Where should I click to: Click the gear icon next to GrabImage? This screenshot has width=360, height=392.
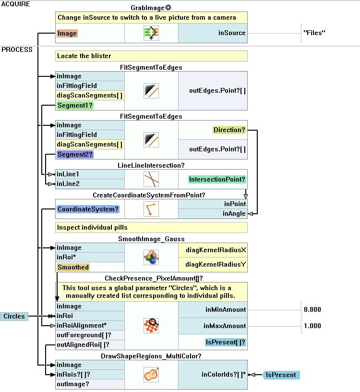[x=168, y=8]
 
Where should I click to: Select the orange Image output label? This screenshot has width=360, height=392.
[x=67, y=34]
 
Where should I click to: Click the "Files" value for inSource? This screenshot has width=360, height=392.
[x=314, y=33]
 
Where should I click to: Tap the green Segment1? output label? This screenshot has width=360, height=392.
[x=75, y=105]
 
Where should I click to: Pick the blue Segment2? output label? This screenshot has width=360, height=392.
[x=75, y=154]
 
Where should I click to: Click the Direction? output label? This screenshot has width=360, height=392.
[x=229, y=130]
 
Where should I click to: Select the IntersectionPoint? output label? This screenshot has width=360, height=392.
[x=217, y=179]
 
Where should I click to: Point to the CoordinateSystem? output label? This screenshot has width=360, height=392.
[x=88, y=209]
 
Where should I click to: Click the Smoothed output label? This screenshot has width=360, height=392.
[x=73, y=267]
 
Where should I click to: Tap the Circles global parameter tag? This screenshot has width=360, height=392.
[x=14, y=316]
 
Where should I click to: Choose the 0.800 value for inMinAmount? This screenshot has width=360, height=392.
[x=312, y=309]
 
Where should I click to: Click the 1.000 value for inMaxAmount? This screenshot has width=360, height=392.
[x=312, y=326]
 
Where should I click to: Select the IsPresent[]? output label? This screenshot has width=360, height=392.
[x=226, y=343]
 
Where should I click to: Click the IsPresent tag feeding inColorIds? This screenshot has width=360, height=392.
[x=282, y=375]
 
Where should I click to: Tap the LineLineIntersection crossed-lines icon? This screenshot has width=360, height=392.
[x=151, y=179]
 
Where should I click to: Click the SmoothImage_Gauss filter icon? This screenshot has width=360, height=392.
[x=151, y=257]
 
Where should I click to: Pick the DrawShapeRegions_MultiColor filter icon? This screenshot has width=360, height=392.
[x=151, y=375]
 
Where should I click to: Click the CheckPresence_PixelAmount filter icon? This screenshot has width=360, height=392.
[x=151, y=326]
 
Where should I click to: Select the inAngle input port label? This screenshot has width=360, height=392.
[x=234, y=214]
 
